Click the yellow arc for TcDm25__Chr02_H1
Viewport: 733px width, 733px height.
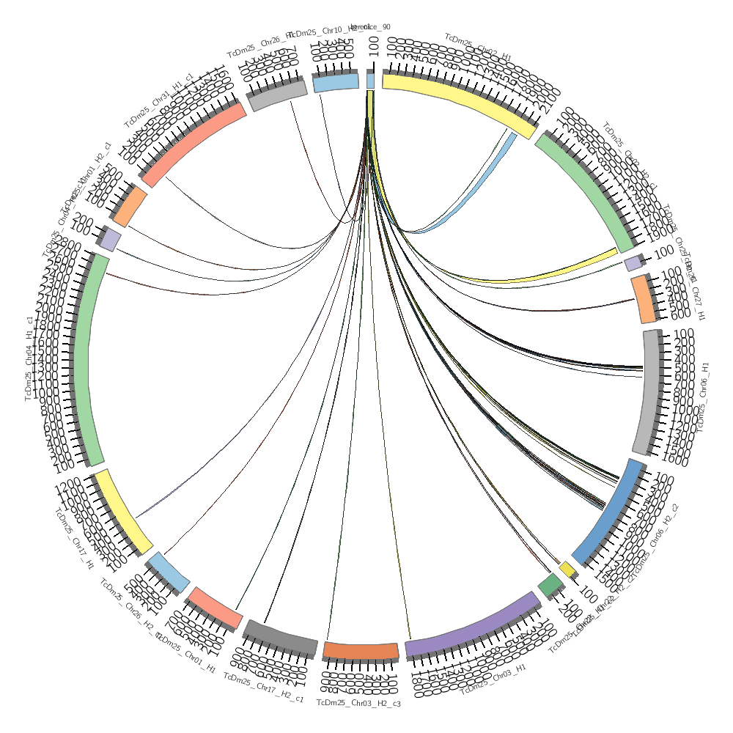[x=462, y=95]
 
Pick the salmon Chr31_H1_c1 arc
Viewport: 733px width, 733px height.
[x=192, y=142]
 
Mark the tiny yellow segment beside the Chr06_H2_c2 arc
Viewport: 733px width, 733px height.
[x=567, y=569]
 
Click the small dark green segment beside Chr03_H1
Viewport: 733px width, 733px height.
[x=550, y=584]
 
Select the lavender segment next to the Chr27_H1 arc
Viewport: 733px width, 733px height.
[x=633, y=263]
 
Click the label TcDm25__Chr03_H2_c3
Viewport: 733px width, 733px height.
[x=358, y=703]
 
